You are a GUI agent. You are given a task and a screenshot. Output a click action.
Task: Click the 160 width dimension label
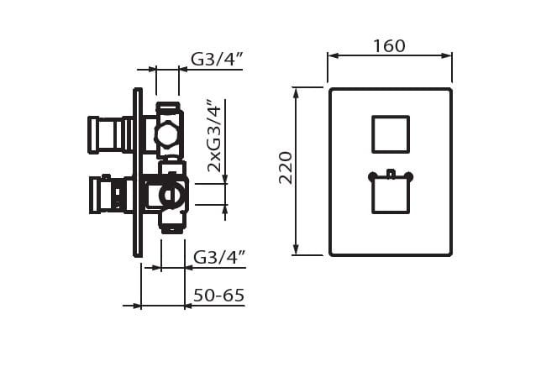[x=389, y=46]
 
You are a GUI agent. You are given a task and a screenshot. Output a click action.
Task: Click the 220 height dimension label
[x=286, y=168]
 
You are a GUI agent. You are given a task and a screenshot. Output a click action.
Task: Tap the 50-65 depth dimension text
[x=218, y=295]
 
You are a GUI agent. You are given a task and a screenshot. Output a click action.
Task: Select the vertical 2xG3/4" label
[x=214, y=135]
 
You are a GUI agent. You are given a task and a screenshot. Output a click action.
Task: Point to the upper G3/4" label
[x=218, y=60]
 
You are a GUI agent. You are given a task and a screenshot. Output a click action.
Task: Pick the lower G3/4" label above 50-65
[x=220, y=257]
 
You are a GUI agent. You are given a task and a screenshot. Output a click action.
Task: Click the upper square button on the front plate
[x=391, y=134]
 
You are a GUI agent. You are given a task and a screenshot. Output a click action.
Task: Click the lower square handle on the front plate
[x=391, y=194]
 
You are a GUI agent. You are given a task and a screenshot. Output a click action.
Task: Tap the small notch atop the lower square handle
[x=391, y=174]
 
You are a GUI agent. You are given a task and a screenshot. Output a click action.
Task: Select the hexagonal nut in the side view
[x=167, y=135]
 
